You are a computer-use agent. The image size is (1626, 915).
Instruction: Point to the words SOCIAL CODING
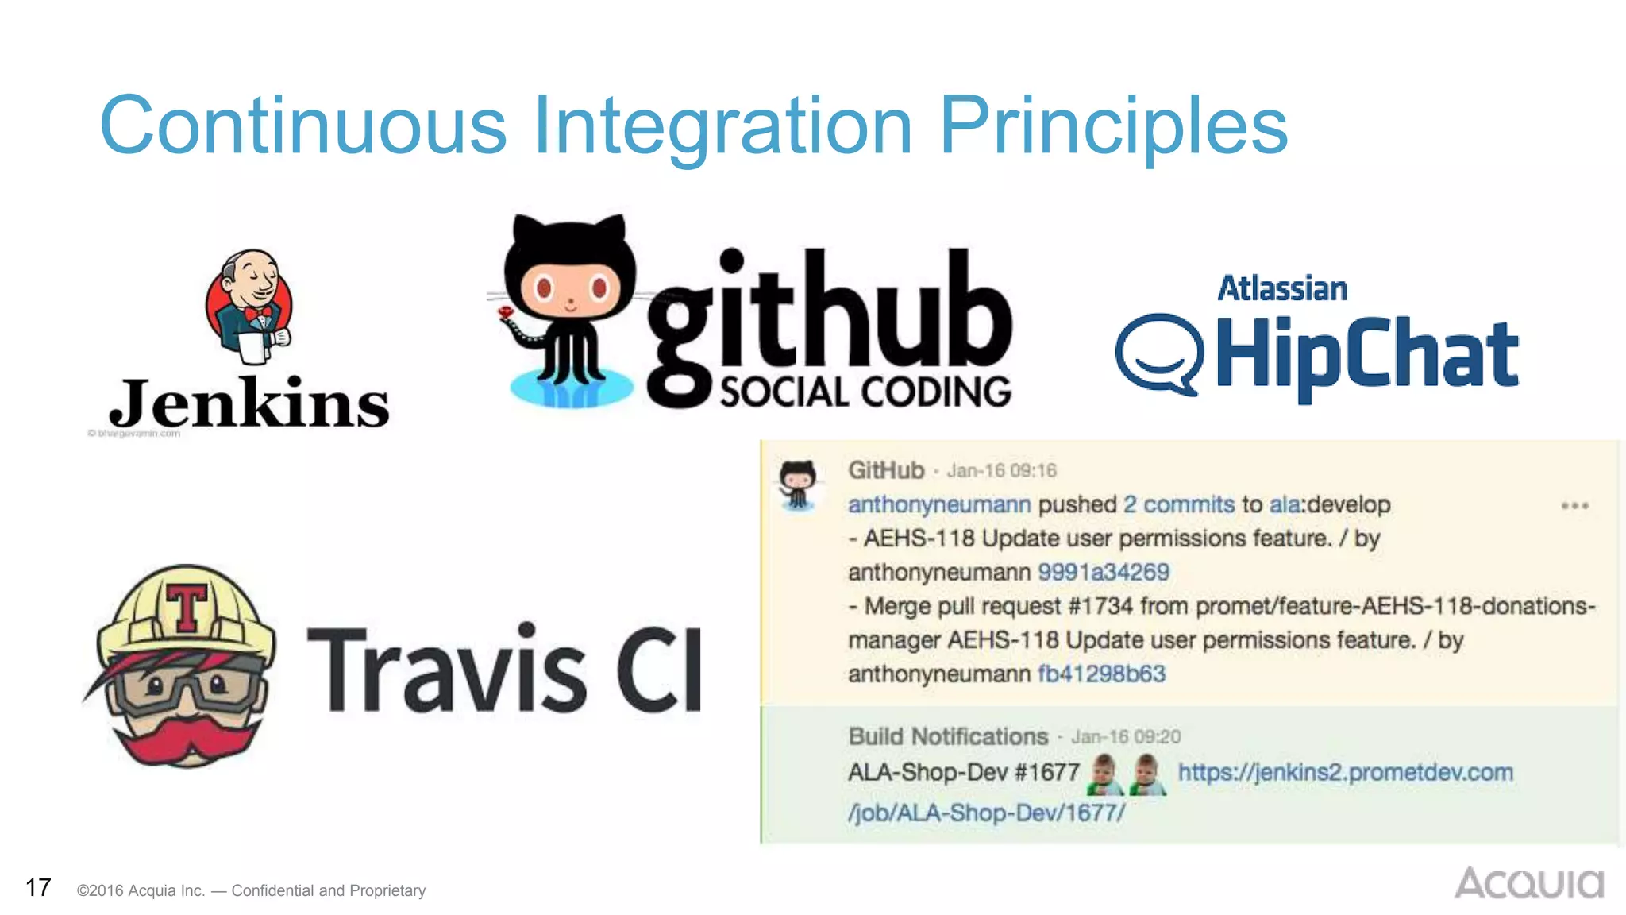coord(865,392)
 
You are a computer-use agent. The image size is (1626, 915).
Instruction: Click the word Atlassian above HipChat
coord(1282,289)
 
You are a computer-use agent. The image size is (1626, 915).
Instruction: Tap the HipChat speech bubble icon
coord(1159,354)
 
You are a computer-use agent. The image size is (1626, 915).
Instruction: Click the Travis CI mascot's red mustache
coord(184,739)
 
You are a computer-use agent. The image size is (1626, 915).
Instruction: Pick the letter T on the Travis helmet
coord(187,608)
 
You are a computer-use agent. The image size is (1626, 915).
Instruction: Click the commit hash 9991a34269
coord(1104,572)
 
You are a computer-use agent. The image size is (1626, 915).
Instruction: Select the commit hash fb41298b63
coord(1101,674)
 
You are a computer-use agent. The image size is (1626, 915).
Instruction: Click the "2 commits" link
coord(1179,504)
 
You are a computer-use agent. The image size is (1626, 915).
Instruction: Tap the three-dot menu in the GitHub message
coord(1574,506)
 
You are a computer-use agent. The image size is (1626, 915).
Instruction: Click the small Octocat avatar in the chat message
coord(798,485)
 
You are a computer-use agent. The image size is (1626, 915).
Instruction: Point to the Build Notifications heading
coord(948,736)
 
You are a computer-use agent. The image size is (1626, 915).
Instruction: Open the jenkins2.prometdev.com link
coord(1345,772)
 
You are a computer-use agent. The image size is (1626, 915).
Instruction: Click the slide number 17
coord(38,887)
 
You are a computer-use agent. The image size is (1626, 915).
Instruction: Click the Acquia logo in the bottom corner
coord(1529,883)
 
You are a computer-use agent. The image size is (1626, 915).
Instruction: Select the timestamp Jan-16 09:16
coord(1001,471)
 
